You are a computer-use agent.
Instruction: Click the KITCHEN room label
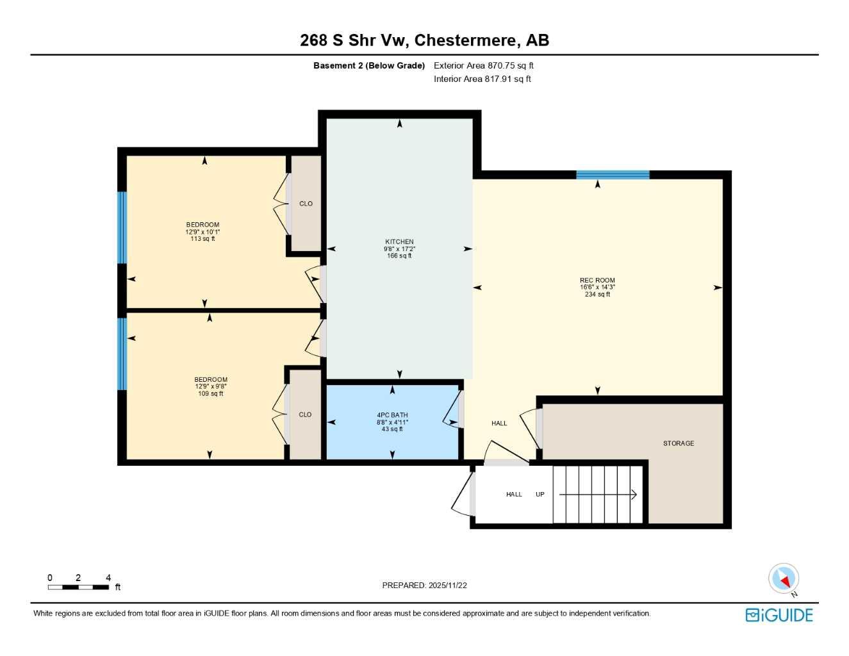pyautogui.click(x=399, y=242)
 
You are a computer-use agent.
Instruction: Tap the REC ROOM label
pyautogui.click(x=597, y=280)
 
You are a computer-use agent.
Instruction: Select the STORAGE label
pyautogui.click(x=679, y=443)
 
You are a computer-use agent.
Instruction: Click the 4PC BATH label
pyautogui.click(x=392, y=415)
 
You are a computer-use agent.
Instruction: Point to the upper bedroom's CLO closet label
pyautogui.click(x=306, y=204)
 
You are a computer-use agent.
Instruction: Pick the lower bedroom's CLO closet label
pyautogui.click(x=305, y=414)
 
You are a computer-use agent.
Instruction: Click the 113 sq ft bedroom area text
pyautogui.click(x=202, y=239)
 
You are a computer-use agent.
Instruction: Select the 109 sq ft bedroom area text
pyautogui.click(x=211, y=393)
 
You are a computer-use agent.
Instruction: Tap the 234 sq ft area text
pyautogui.click(x=597, y=295)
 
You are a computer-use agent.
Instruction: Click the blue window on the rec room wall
pyautogui.click(x=613, y=174)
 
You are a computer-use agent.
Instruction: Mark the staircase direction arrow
pyautogui.click(x=598, y=495)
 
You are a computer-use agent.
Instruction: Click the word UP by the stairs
pyautogui.click(x=540, y=495)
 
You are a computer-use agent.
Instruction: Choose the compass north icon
pyautogui.click(x=784, y=579)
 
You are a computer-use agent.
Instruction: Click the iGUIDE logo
pyautogui.click(x=779, y=615)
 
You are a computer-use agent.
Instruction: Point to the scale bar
pyautogui.click(x=78, y=587)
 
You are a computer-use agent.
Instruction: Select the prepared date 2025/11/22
pyautogui.click(x=424, y=585)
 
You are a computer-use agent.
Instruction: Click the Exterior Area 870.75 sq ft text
pyautogui.click(x=483, y=65)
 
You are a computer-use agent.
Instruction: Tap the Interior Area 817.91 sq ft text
pyautogui.click(x=482, y=79)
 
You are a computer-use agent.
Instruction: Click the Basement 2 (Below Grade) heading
pyautogui.click(x=368, y=65)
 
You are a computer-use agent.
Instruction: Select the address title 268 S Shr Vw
pyautogui.click(x=424, y=40)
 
